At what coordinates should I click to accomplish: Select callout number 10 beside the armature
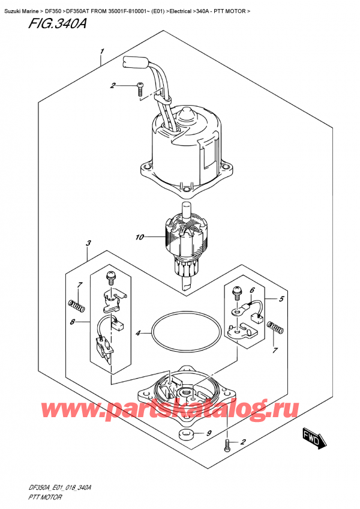pos(140,238)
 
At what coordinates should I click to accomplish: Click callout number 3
pos(88,244)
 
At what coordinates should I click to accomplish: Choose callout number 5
pos(282,298)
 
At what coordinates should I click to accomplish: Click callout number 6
pos(252,291)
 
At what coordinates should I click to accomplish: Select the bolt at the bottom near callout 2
pos(227,445)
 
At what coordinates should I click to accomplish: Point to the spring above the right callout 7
pos(276,328)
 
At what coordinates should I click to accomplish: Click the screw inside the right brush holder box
pos(236,292)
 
